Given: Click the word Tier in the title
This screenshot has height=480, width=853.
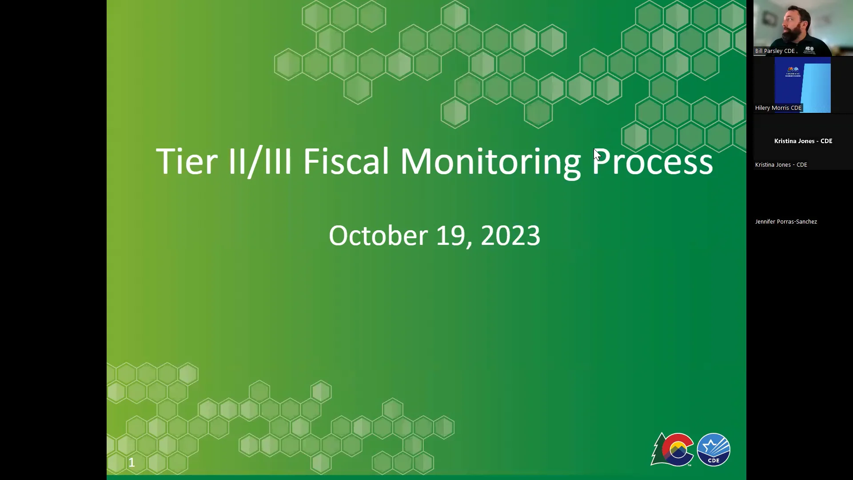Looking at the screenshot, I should pyautogui.click(x=187, y=161).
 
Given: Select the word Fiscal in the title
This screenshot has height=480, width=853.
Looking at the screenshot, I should pyautogui.click(x=346, y=161).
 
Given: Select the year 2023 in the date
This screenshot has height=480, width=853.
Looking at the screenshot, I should pyautogui.click(x=510, y=236).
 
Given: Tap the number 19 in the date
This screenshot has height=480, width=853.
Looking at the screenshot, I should pyautogui.click(x=450, y=236).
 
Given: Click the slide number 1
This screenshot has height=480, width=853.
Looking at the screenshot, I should pyautogui.click(x=132, y=463).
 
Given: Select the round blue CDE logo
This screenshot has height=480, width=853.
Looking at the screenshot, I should pyautogui.click(x=713, y=449).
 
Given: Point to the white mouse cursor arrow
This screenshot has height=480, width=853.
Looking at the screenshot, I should pyautogui.click(x=597, y=154).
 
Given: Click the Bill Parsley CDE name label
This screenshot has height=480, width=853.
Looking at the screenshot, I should pyautogui.click(x=775, y=51).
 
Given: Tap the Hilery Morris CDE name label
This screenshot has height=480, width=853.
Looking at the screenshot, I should pyautogui.click(x=778, y=108).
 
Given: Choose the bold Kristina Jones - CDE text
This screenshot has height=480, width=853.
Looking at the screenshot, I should pyautogui.click(x=803, y=141).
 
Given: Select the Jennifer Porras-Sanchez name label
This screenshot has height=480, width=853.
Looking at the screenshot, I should pyautogui.click(x=785, y=221).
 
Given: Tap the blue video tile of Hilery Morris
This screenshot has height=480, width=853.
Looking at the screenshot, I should pyautogui.click(x=802, y=84).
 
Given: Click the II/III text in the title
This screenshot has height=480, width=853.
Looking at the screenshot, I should pyautogui.click(x=260, y=161).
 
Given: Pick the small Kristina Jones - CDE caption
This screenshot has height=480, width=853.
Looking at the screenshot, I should pyautogui.click(x=781, y=165).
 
